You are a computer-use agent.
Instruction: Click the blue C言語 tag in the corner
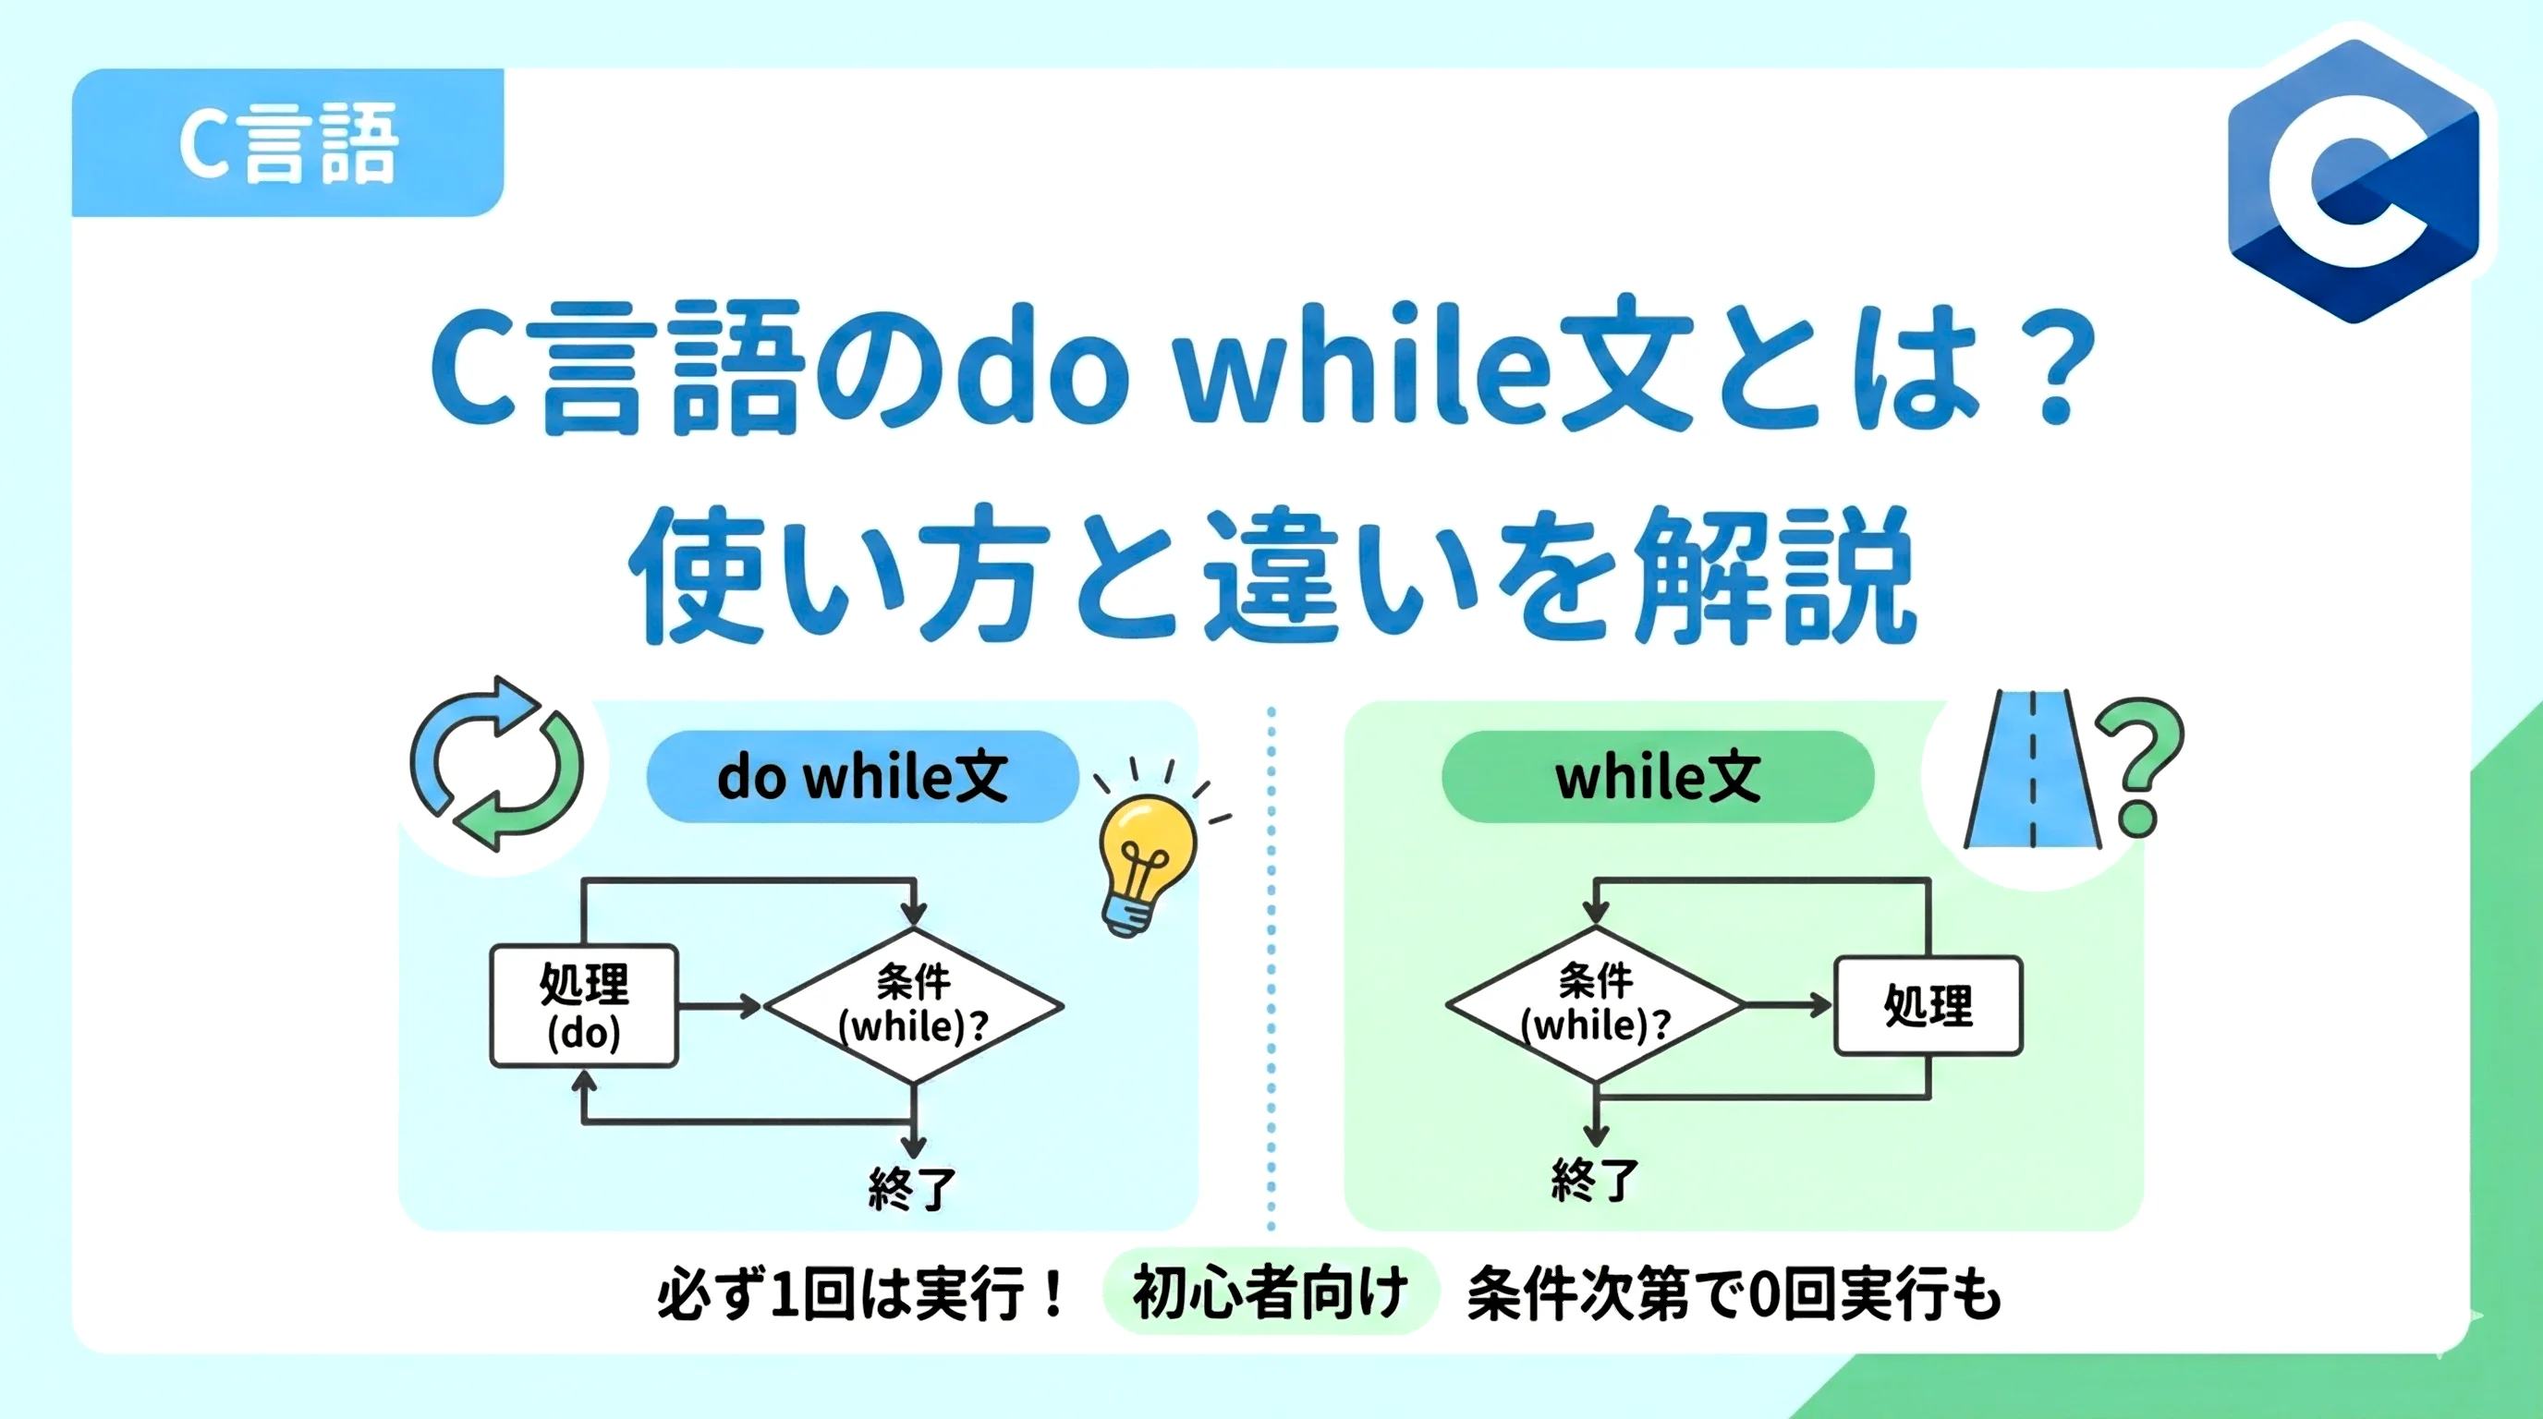pos(287,143)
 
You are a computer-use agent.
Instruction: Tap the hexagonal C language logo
pos(2354,183)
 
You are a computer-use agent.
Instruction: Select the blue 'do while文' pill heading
pos(862,777)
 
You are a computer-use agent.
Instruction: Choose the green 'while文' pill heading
pos(1658,777)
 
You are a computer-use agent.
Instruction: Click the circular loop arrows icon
pos(496,765)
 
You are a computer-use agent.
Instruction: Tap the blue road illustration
pos(2032,770)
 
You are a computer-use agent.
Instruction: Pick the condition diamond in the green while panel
pos(1595,1003)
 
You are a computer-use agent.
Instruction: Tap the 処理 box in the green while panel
pos(1928,1005)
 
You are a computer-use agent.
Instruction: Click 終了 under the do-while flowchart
pos(912,1188)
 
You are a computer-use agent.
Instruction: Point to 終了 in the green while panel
pos(1595,1179)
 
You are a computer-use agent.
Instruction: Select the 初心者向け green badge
pos(1270,1292)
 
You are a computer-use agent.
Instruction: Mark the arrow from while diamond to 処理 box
pos(1788,1005)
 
